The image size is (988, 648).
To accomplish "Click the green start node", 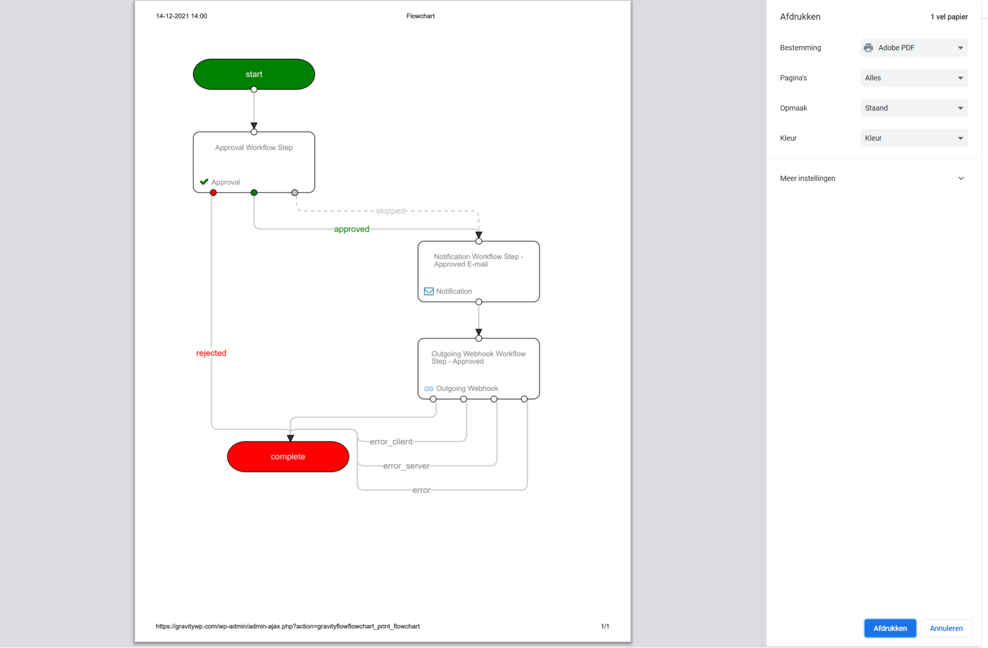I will (x=254, y=74).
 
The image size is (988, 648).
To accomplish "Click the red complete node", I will (x=288, y=457).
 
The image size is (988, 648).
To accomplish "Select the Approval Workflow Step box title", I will (x=254, y=148).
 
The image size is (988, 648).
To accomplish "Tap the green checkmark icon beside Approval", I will (x=204, y=182).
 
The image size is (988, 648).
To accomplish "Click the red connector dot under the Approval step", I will (x=213, y=193).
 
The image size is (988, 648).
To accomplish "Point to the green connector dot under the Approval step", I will (x=254, y=193).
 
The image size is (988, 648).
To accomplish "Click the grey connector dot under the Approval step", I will (x=295, y=193).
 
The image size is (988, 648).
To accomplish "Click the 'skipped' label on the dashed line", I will (x=390, y=211).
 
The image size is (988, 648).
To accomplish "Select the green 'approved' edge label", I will (x=352, y=229).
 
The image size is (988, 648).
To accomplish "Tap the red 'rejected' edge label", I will (x=211, y=353).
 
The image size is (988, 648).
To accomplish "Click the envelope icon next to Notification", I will (x=428, y=291).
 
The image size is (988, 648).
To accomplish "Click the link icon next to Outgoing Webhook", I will (x=428, y=389).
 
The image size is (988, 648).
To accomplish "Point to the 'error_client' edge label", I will (x=391, y=442).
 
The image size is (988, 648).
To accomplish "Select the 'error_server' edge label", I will (x=406, y=466).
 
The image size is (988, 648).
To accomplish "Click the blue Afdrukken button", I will (x=890, y=628).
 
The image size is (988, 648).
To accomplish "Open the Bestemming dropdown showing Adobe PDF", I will (x=914, y=48).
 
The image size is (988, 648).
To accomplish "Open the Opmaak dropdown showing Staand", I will (x=914, y=108).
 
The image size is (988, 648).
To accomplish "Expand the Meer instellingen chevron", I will (x=961, y=178).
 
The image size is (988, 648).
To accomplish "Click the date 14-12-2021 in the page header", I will (x=172, y=16).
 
